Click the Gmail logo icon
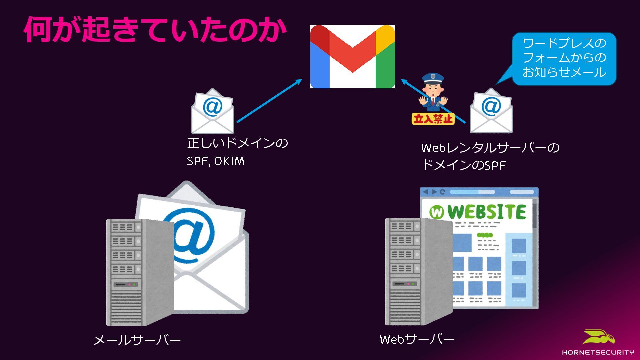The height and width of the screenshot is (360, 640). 352,56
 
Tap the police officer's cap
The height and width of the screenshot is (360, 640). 433,79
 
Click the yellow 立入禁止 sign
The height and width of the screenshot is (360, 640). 433,119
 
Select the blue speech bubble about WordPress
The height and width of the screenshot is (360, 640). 564,58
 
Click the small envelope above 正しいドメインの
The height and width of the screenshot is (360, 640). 212,111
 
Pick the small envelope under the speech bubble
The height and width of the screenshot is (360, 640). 491,111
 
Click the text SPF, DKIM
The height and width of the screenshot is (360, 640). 216,161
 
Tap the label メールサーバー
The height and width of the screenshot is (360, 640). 137,340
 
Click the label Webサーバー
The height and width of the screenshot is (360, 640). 417,339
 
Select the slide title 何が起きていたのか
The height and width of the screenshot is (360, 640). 155,30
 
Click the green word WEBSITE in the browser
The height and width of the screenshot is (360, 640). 487,212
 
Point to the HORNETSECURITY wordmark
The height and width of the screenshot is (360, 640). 598,352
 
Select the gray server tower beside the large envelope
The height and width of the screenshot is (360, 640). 140,272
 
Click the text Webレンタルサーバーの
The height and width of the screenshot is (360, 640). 490,148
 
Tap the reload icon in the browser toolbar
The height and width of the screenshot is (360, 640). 442,192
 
